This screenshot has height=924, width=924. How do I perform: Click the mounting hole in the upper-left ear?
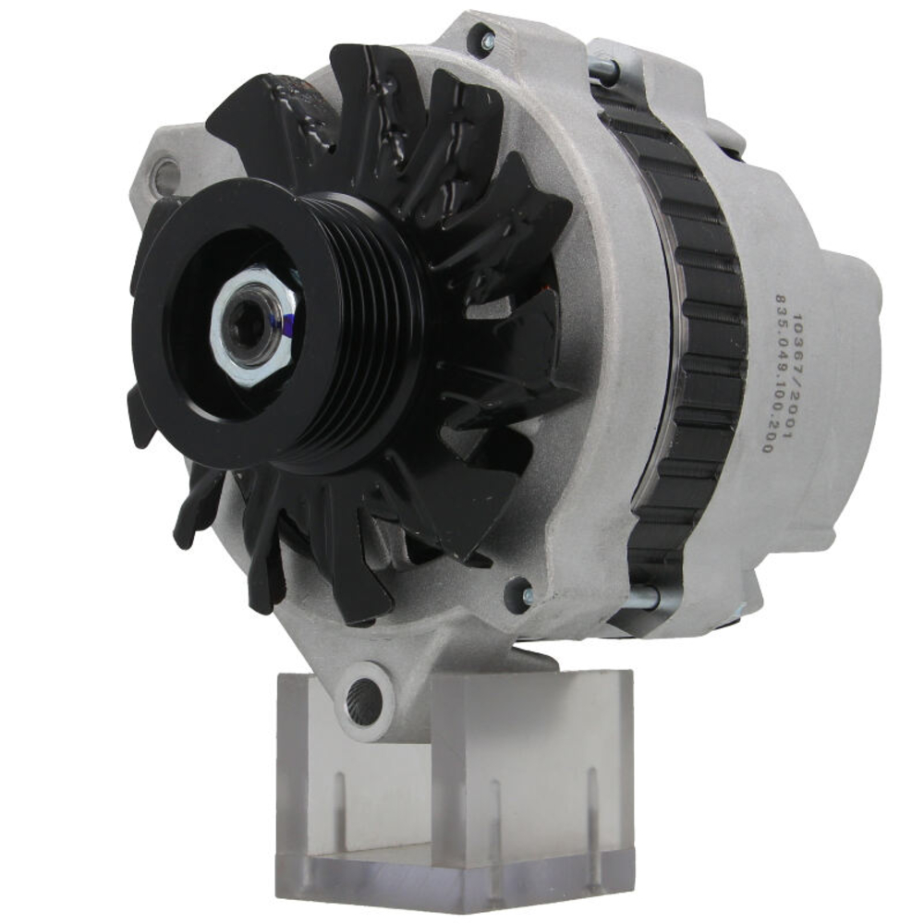[x=167, y=173]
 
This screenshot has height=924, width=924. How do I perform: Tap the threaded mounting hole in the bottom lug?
[x=364, y=699]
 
